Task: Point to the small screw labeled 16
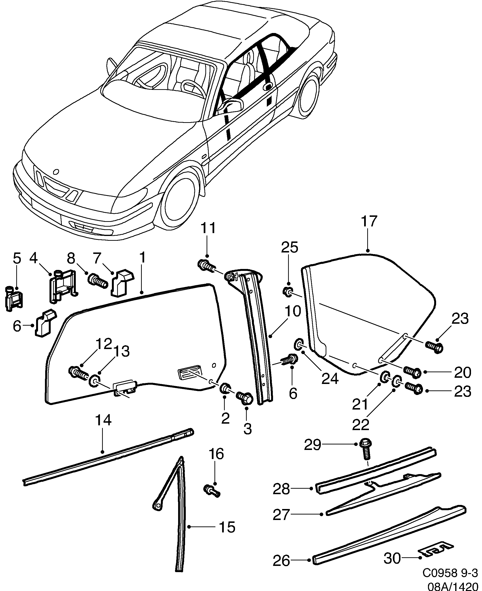pyautogui.click(x=212, y=491)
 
